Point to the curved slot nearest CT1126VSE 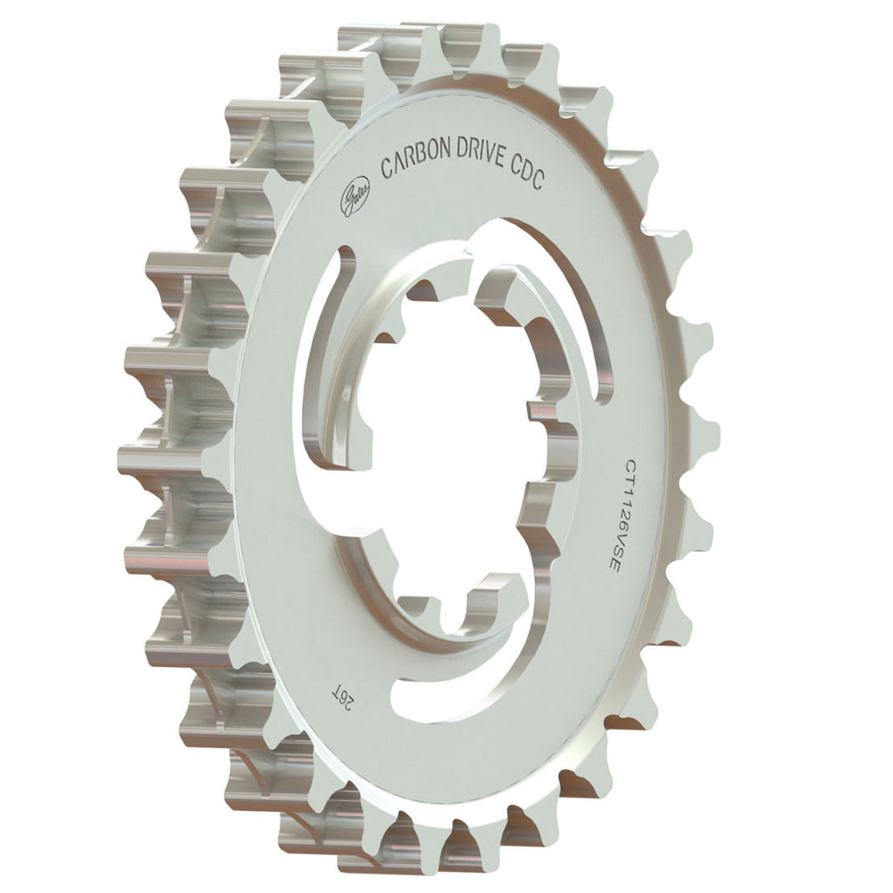tap(572, 295)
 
